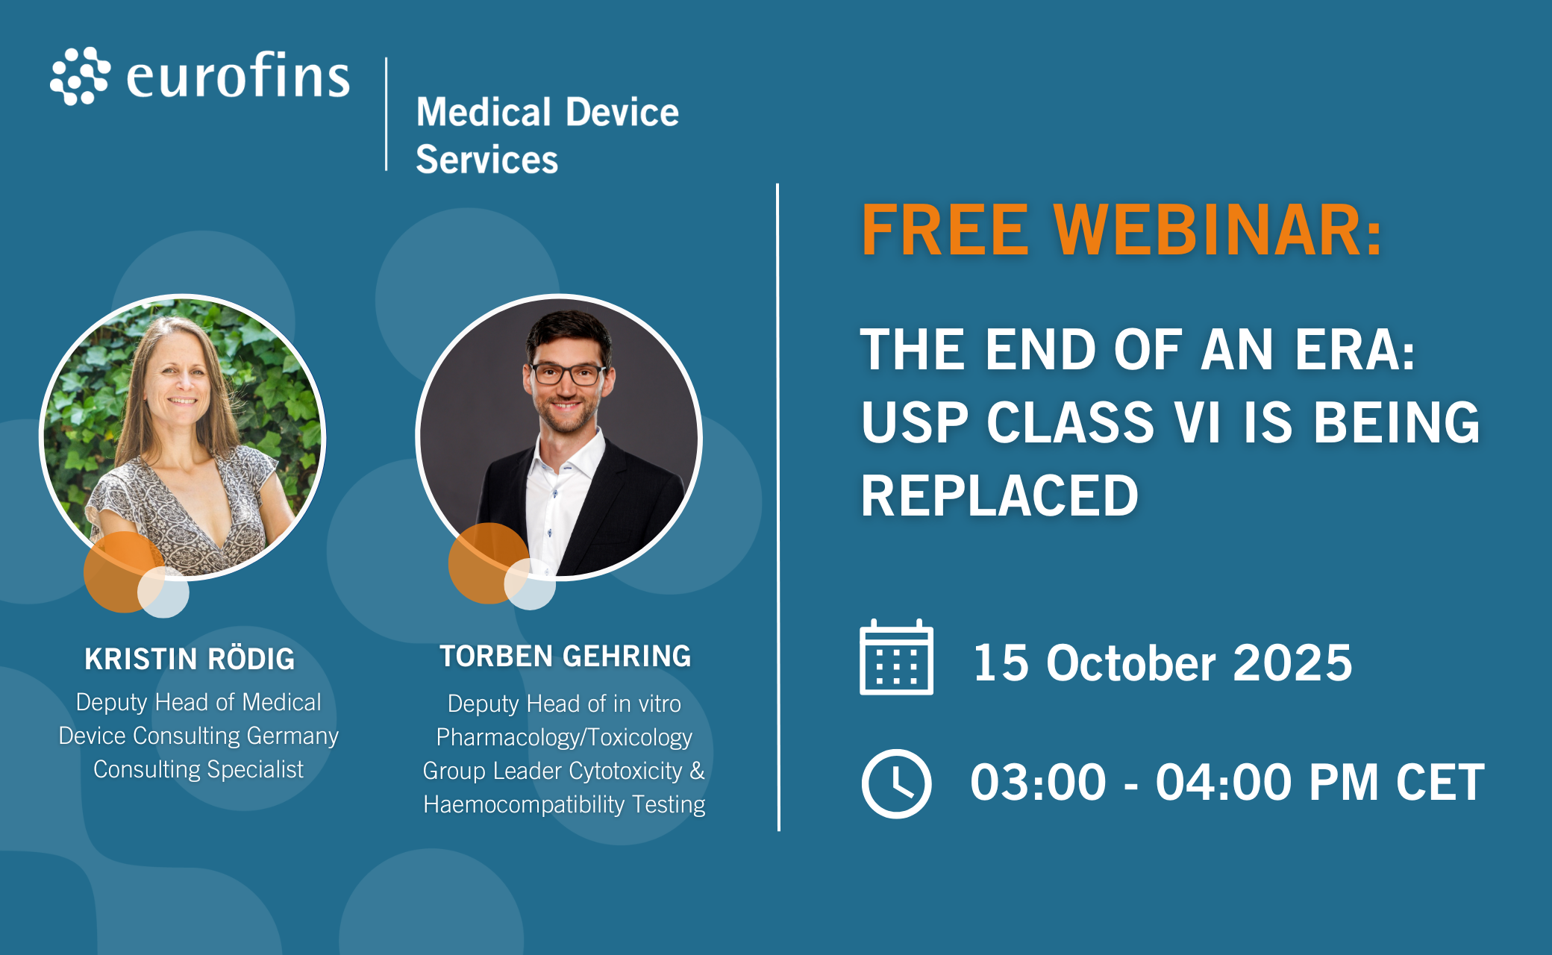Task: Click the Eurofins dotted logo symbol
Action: pyautogui.click(x=80, y=76)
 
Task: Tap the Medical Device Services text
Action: pyautogui.click(x=547, y=135)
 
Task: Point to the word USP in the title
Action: pyautogui.click(x=915, y=422)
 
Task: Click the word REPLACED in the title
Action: pyautogui.click(x=999, y=495)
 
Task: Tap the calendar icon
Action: pyautogui.click(x=896, y=657)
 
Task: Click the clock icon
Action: pyautogui.click(x=896, y=783)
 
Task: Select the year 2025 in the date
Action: pyautogui.click(x=1292, y=663)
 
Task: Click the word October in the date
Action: pyautogui.click(x=1130, y=663)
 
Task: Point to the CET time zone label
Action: pyautogui.click(x=1440, y=783)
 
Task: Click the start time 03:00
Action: pyautogui.click(x=1038, y=783)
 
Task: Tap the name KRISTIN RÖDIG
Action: pyautogui.click(x=190, y=659)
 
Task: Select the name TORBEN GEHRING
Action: pyautogui.click(x=565, y=657)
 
